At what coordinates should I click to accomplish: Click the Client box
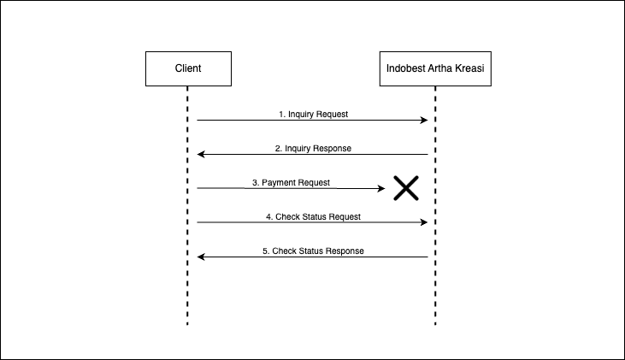(x=187, y=68)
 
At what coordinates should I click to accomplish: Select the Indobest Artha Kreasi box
(x=435, y=68)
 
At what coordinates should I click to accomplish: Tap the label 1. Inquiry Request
(x=313, y=114)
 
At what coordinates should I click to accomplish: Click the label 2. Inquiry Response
(x=313, y=148)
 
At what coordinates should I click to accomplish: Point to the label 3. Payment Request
(x=291, y=183)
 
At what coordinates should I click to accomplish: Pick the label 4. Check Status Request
(x=313, y=216)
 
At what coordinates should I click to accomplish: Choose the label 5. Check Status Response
(x=313, y=251)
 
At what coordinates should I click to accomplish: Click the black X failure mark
(x=405, y=188)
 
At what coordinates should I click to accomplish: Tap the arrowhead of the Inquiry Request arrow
(x=423, y=121)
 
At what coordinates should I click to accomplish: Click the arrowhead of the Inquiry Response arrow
(x=201, y=155)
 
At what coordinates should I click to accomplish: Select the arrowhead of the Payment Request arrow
(x=382, y=188)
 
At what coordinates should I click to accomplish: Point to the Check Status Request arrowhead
(x=423, y=222)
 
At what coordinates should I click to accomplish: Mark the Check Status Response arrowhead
(x=201, y=257)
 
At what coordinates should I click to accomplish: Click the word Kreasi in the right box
(x=471, y=68)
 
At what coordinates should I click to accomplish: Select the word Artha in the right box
(x=441, y=68)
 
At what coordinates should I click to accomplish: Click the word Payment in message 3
(x=280, y=183)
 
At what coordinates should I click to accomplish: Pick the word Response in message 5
(x=344, y=251)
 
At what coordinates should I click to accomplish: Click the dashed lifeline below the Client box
(x=187, y=291)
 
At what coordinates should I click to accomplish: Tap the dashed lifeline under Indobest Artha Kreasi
(x=435, y=291)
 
